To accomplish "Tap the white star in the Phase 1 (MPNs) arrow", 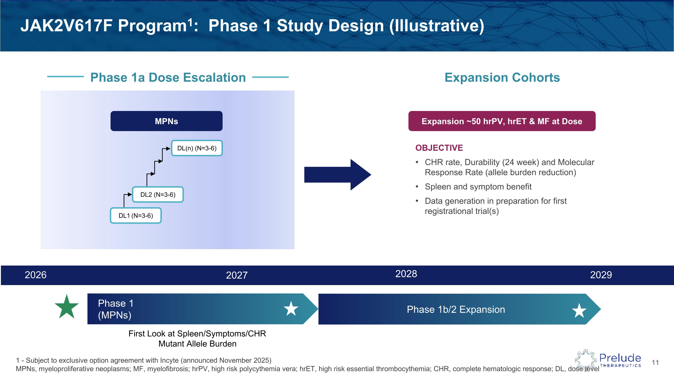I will pyautogui.click(x=291, y=309).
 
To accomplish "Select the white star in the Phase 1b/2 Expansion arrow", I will pyautogui.click(x=579, y=311).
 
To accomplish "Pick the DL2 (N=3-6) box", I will pyautogui.click(x=158, y=195).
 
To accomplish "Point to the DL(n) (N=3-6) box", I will pyautogui.click(x=197, y=148).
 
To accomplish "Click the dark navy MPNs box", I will pyautogui.click(x=166, y=121).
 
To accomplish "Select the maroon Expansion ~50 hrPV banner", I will pyautogui.click(x=502, y=121).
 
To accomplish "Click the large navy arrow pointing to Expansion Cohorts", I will pyautogui.click(x=337, y=175).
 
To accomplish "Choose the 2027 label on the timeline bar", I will pyautogui.click(x=237, y=275).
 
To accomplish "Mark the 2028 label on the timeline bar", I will pyautogui.click(x=406, y=274).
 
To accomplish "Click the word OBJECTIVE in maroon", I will pyautogui.click(x=439, y=148).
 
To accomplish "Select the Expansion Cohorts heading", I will pyautogui.click(x=502, y=78).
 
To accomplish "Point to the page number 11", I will pyautogui.click(x=655, y=363).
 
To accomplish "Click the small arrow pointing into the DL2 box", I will pyautogui.click(x=129, y=195).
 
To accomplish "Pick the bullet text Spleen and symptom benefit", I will pyautogui.click(x=478, y=187).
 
